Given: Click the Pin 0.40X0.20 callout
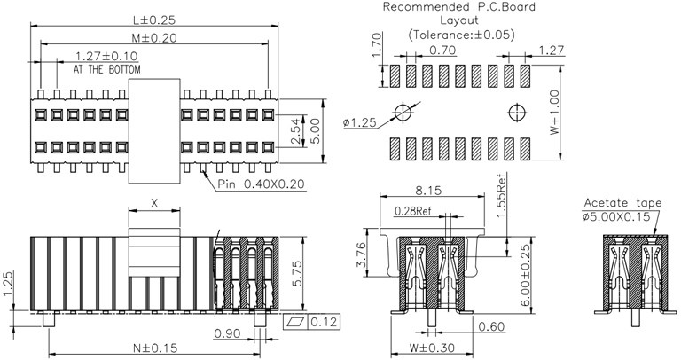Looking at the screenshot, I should tap(262, 184).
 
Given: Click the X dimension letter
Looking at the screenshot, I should tap(155, 203).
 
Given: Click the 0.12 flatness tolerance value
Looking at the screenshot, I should tap(322, 321).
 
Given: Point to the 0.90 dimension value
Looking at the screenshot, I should tap(227, 333).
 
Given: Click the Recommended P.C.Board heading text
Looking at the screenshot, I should tap(458, 7).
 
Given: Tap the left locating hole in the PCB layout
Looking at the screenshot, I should tap(405, 113).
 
